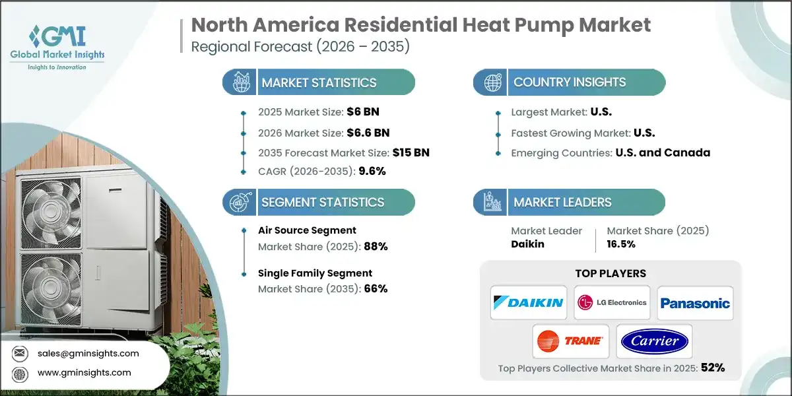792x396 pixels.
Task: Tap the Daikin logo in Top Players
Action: pyautogui.click(x=528, y=303)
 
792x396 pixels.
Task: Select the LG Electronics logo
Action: pyautogui.click(x=612, y=303)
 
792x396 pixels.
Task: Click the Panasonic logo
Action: pyautogui.click(x=695, y=303)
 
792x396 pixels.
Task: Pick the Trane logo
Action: pyautogui.click(x=570, y=341)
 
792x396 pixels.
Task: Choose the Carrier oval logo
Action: pyautogui.click(x=654, y=341)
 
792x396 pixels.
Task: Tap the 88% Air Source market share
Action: pyautogui.click(x=374, y=246)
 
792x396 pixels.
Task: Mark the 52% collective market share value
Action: pyautogui.click(x=712, y=368)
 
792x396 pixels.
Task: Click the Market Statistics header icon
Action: pyautogui.click(x=240, y=82)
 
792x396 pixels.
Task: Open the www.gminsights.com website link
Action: pyautogui.click(x=84, y=373)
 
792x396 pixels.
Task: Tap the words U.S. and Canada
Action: pyautogui.click(x=663, y=152)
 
